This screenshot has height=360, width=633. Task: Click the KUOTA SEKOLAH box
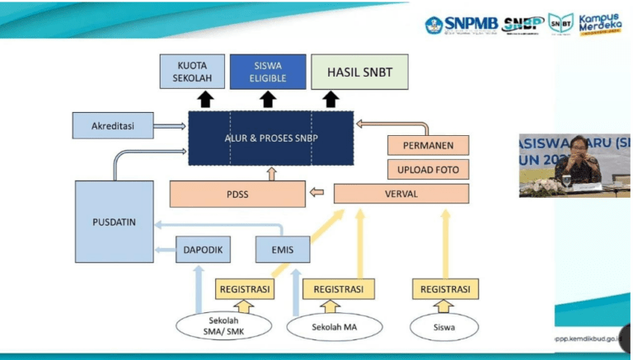[191, 72]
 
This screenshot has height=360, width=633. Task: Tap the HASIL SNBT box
[359, 72]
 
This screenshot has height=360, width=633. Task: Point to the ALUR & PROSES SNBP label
[271, 138]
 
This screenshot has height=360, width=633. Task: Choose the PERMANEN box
[427, 146]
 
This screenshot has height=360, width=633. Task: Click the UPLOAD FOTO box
[427, 171]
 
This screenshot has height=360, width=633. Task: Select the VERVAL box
[401, 194]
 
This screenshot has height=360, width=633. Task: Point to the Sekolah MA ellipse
[333, 326]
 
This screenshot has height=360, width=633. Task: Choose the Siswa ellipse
[445, 326]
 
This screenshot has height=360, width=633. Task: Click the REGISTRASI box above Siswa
[445, 289]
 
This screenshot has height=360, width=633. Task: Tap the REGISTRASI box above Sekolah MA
[338, 289]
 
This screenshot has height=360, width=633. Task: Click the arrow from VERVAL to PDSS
[317, 194]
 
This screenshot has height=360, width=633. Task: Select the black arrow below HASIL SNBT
[331, 101]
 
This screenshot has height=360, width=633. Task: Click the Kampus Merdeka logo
[599, 23]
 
